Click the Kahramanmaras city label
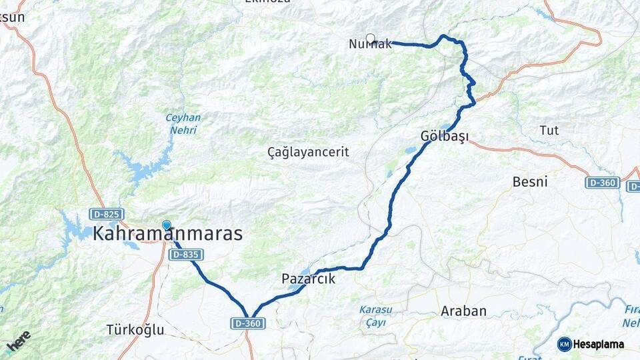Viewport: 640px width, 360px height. click(167, 234)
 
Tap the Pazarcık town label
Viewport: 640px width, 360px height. click(308, 279)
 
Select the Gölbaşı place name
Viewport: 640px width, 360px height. click(445, 136)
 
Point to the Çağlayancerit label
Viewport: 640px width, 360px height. click(308, 152)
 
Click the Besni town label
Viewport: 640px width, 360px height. click(530, 181)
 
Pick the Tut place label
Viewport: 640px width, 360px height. click(549, 129)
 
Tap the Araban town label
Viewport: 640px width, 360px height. click(463, 311)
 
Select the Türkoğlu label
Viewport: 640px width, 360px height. click(135, 329)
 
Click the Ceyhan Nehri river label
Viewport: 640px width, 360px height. click(183, 124)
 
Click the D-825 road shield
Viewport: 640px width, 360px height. click(106, 214)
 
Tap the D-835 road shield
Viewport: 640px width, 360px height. click(186, 254)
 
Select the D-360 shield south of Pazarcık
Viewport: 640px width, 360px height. click(249, 323)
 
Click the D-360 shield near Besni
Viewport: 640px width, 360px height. click(603, 182)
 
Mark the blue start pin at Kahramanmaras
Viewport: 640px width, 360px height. click(166, 225)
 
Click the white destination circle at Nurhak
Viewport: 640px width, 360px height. click(371, 38)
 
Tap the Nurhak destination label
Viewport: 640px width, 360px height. click(370, 44)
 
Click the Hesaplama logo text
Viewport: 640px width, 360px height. click(599, 344)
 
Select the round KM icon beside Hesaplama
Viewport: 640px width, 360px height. click(565, 344)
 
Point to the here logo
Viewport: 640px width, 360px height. click(19, 341)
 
